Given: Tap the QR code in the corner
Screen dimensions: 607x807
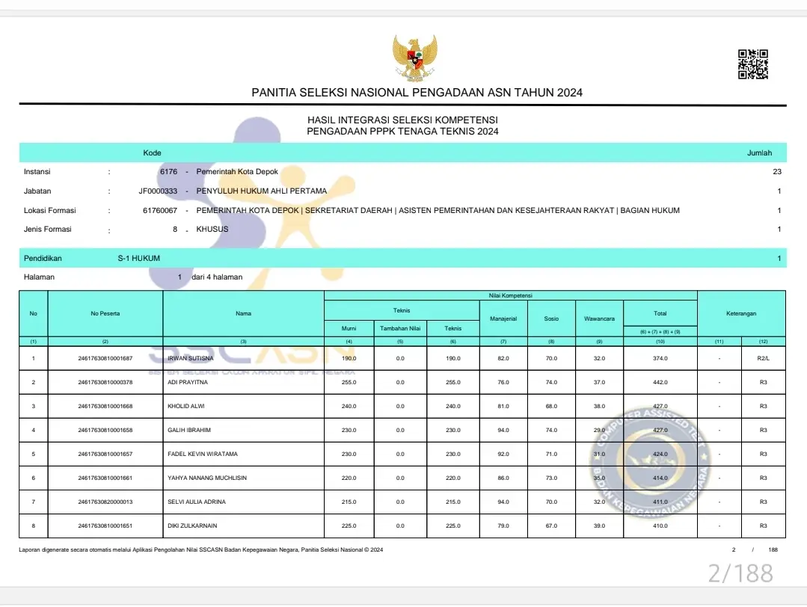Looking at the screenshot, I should [753, 64].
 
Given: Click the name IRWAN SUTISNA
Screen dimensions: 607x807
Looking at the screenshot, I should [191, 358].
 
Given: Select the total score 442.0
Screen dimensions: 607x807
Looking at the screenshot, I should [660, 382].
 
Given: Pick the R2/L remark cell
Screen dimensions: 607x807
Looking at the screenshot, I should [763, 358].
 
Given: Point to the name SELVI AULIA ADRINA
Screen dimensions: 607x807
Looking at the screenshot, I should [197, 502].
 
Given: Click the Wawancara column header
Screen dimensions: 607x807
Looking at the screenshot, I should [599, 318].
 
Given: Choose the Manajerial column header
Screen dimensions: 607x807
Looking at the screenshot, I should [503, 318].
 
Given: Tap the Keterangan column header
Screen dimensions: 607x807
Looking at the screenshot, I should [741, 313].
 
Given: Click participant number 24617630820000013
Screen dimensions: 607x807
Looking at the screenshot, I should [105, 502].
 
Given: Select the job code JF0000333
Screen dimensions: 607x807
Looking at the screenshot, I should [158, 191].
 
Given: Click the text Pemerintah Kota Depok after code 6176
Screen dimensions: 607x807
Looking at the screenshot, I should [237, 171].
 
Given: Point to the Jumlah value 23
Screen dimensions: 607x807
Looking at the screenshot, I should [777, 171].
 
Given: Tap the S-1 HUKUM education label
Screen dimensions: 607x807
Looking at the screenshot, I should [139, 258].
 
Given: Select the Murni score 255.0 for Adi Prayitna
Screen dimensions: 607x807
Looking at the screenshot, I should [349, 382].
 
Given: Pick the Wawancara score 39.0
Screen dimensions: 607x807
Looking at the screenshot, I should [599, 526].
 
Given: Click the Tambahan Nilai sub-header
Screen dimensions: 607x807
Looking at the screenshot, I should [400, 328].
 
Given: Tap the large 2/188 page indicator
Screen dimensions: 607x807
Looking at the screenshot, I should [740, 573].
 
